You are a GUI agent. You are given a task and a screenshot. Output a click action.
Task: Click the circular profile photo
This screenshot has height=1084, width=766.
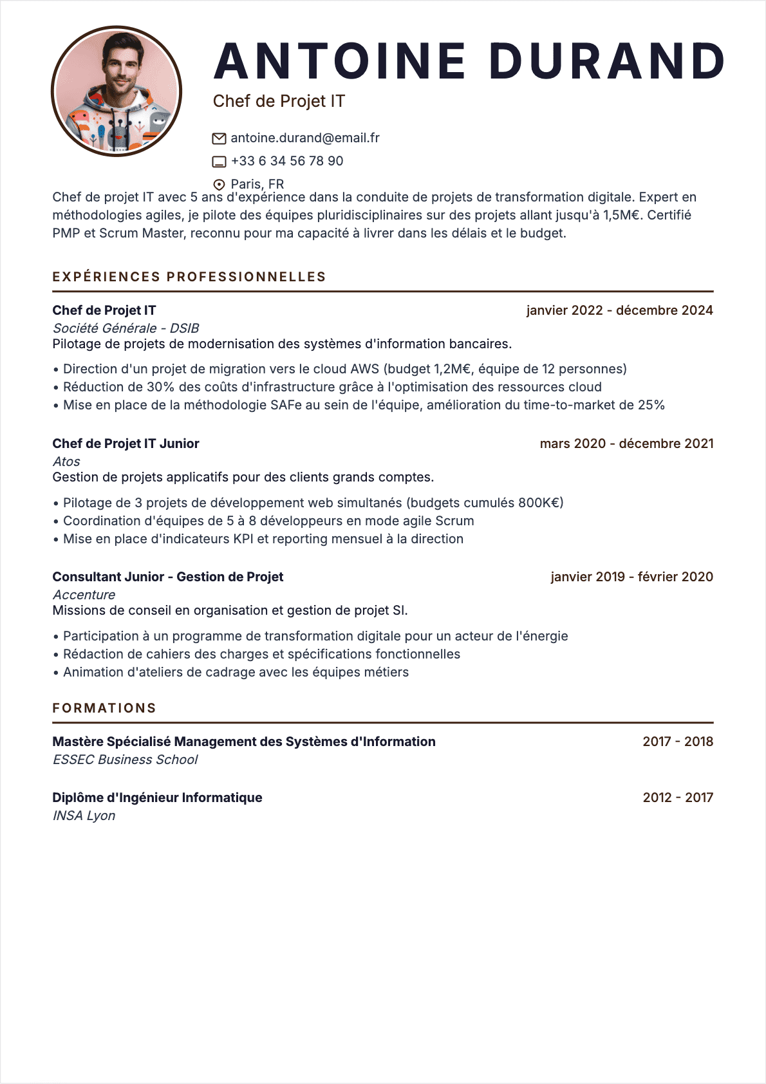[117, 91]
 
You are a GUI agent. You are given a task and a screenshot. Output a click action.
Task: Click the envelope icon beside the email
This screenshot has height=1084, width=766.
[219, 138]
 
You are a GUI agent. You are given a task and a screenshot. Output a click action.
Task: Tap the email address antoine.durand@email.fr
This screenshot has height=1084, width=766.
[305, 138]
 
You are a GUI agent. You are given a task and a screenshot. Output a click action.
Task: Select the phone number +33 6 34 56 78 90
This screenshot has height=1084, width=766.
[287, 161]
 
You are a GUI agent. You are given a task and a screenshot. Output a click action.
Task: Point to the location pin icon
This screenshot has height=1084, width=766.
[219, 185]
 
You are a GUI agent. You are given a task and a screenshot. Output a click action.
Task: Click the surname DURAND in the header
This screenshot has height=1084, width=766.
[607, 61]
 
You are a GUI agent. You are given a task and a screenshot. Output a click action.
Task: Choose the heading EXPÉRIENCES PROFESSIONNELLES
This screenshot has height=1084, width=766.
[189, 277]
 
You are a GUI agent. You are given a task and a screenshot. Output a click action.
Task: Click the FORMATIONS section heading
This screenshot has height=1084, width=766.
[104, 708]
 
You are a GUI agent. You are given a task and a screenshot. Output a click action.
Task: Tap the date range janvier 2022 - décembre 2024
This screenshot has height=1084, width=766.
[619, 310]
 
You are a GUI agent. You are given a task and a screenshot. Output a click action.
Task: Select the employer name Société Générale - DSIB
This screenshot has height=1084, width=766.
[126, 328]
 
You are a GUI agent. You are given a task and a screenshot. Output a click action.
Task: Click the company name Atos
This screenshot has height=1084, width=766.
[66, 462]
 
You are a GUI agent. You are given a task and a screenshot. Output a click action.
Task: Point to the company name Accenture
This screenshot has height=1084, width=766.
[84, 595]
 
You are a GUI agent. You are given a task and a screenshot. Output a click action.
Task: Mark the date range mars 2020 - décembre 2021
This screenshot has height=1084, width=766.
[626, 444]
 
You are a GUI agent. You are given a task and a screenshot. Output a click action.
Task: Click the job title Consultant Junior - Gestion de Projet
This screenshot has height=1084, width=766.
[168, 577]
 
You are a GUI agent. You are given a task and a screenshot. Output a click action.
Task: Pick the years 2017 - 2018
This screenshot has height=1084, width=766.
[678, 742]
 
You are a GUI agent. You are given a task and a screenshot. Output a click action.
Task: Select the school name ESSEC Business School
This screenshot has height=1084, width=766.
[126, 760]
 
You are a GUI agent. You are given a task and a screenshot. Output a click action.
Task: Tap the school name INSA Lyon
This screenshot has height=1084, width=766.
[84, 816]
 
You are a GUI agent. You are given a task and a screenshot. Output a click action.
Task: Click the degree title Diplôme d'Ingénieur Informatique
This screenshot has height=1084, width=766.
[158, 798]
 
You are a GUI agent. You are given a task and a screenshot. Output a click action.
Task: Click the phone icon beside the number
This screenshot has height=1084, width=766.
[219, 162]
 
